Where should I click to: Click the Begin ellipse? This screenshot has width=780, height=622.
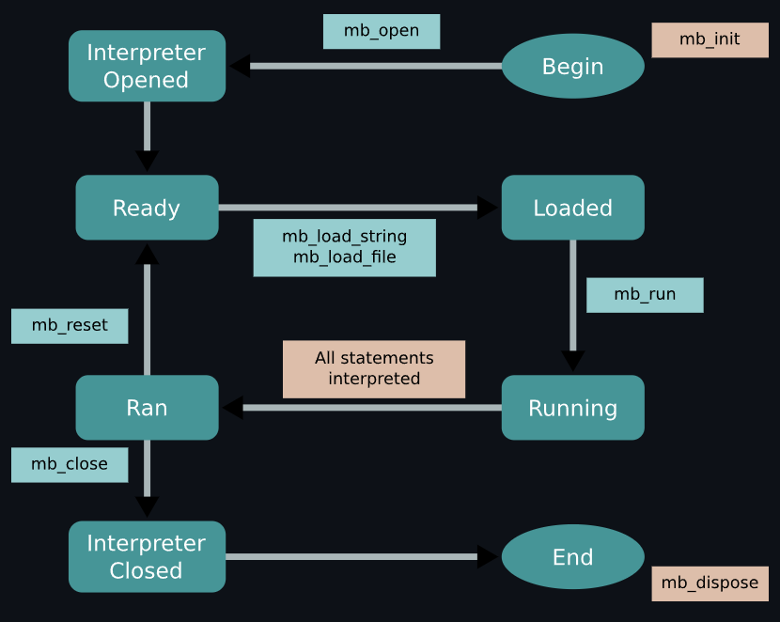pos(572,67)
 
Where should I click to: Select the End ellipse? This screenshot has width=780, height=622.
pos(572,557)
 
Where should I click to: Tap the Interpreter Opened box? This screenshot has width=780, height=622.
pos(147,67)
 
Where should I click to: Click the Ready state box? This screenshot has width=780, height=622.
pos(147,208)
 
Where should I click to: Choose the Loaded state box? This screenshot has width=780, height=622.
pos(572,208)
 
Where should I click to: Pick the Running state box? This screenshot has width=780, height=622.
pos(572,408)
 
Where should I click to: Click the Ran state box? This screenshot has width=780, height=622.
pos(147,408)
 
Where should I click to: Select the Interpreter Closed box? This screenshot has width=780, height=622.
pos(147,557)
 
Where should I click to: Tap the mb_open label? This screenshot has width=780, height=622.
pos(382,31)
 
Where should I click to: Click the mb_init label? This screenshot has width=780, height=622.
pos(710,39)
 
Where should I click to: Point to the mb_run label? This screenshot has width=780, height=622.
pos(645,295)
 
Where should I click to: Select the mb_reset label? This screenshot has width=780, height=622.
pos(70,326)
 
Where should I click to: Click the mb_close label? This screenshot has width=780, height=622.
pos(70,464)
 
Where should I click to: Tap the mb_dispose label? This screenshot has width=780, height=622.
pos(710,583)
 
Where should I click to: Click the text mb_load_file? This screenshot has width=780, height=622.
pos(344,257)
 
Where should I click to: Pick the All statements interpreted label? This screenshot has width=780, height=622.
pos(374,369)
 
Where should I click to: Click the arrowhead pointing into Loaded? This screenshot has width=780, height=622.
pos(488,208)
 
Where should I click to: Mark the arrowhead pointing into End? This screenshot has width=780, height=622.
pos(488,557)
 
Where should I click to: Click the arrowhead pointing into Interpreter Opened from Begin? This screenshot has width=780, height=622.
pos(239,66)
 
